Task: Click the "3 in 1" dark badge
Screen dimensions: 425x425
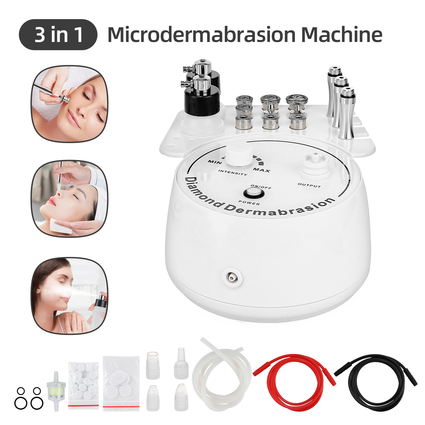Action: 58,35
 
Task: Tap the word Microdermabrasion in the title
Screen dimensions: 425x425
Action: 201,35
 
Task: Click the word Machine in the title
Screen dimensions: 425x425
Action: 342,35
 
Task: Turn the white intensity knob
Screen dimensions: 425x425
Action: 239,154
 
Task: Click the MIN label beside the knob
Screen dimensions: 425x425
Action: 214,161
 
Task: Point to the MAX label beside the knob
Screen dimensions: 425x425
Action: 261,170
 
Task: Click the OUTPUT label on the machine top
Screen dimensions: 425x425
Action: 309,185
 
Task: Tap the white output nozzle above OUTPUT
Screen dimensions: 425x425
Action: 315,162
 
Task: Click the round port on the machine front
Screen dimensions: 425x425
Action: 232,277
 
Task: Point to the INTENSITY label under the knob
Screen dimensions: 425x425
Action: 233,173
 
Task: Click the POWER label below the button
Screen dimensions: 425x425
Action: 249,202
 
